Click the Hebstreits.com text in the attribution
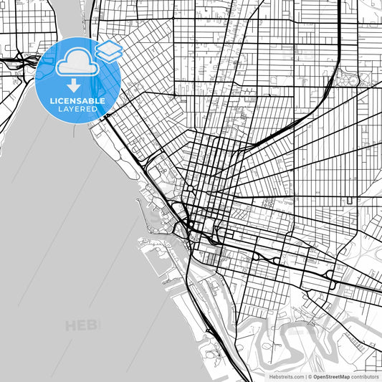(285, 376)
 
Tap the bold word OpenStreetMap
(331, 376)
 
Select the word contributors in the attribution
(365, 376)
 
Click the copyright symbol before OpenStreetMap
(309, 376)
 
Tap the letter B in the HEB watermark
(94, 326)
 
